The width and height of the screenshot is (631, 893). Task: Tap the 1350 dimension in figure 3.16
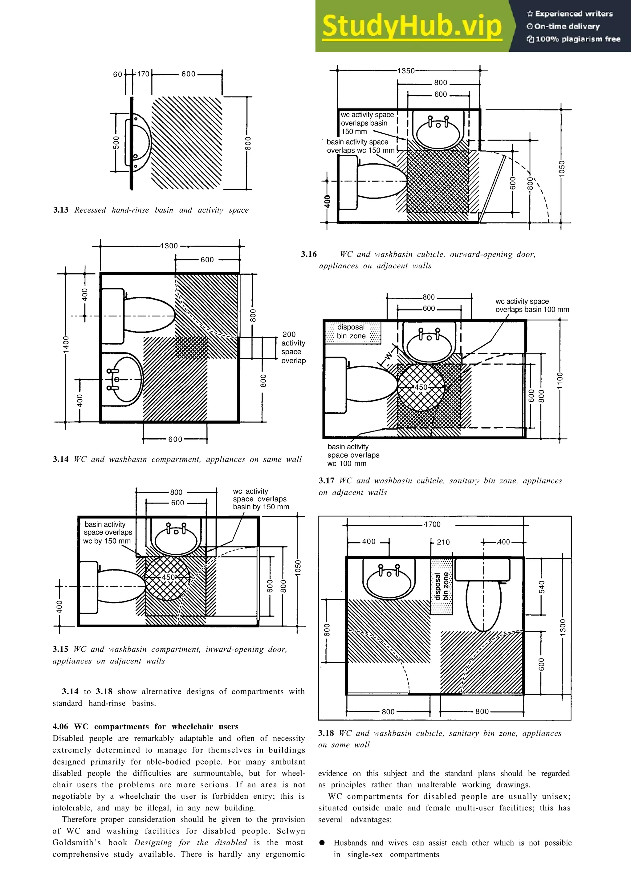click(x=406, y=71)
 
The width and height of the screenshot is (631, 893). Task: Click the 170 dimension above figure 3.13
click(x=143, y=74)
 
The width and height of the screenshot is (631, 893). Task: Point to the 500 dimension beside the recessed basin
click(x=116, y=143)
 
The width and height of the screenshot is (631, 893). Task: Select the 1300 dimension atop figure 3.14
click(x=169, y=246)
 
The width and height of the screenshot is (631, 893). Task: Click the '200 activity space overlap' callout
click(x=293, y=347)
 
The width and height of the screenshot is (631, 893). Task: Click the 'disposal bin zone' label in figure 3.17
click(x=351, y=331)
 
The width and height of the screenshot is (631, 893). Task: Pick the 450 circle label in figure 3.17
click(x=421, y=387)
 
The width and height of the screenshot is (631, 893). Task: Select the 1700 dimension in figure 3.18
click(x=432, y=524)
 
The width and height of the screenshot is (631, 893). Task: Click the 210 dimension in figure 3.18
click(x=443, y=542)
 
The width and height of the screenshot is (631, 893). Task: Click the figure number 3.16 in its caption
click(x=309, y=254)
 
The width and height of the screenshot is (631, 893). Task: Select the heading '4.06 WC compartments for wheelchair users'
click(x=145, y=727)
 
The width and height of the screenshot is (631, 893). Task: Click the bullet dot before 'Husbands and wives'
click(x=322, y=842)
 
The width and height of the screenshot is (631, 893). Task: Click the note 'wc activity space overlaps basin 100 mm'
click(x=531, y=305)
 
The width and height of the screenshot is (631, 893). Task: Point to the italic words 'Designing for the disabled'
click(x=190, y=842)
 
